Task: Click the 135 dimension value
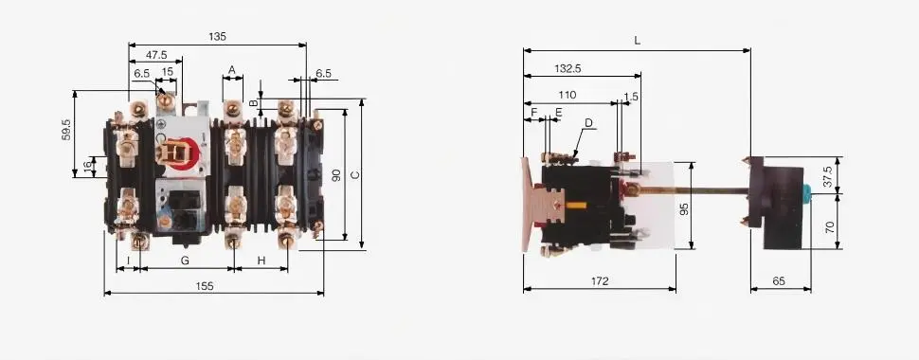(217, 36)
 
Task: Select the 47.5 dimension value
(156, 55)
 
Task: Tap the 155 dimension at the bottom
(205, 286)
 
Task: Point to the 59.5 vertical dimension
(66, 130)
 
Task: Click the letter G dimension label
(185, 261)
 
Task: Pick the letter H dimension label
(261, 261)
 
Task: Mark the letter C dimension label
(353, 174)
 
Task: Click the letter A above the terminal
(232, 70)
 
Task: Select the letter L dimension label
(637, 41)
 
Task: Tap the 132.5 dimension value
(568, 68)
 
